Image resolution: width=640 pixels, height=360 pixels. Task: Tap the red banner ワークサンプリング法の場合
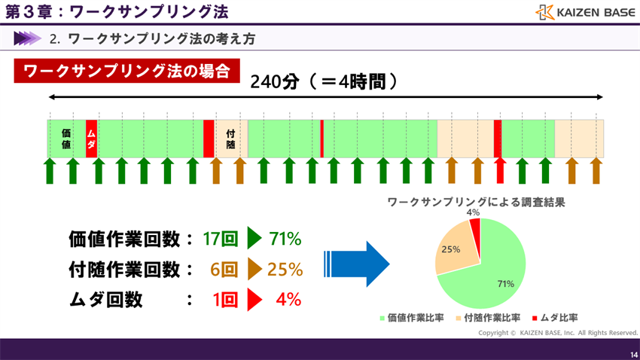point(126,72)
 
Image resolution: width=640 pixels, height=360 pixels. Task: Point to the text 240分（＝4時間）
point(324,81)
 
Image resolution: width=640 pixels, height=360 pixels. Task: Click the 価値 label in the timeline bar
point(66,138)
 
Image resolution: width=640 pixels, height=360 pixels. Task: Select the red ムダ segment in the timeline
point(91,138)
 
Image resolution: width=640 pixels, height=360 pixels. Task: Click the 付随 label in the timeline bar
point(231,138)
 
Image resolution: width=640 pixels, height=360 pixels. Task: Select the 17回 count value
point(221,239)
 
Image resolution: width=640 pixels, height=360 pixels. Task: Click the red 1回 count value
point(225,299)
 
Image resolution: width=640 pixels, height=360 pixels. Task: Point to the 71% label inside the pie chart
point(505,284)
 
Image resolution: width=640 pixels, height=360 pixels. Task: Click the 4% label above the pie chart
point(473,212)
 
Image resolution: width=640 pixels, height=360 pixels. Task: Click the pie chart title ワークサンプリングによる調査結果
point(476,201)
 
